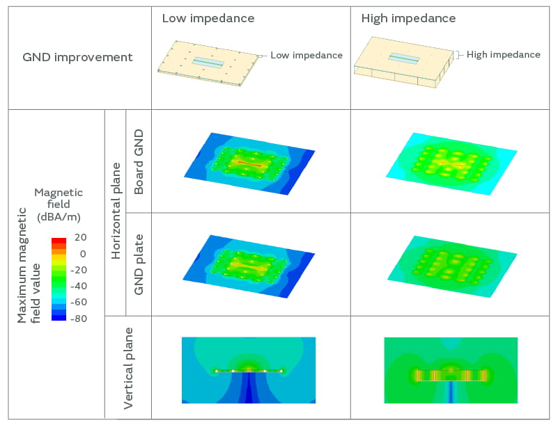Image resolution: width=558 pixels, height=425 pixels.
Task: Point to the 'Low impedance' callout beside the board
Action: pos(306,55)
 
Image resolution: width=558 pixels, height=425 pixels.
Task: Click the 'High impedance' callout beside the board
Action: pos(503,54)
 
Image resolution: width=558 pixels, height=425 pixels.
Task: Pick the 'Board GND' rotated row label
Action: pos(138,161)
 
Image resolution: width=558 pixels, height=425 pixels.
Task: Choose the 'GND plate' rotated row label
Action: pos(138,264)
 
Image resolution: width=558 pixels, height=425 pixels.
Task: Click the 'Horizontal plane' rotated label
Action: pos(116,212)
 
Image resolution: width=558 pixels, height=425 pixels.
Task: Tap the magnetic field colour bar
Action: pos(59,278)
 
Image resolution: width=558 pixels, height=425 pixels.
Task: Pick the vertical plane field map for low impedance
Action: pos(249,370)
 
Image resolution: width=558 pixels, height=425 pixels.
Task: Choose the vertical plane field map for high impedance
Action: pos(451,370)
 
